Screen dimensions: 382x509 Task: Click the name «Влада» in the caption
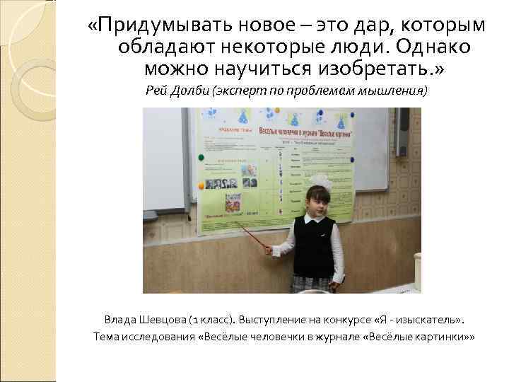(121, 319)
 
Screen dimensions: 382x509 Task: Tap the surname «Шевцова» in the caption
(164, 319)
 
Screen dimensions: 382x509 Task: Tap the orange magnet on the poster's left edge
(201, 185)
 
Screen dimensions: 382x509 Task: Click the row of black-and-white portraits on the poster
(234, 182)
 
